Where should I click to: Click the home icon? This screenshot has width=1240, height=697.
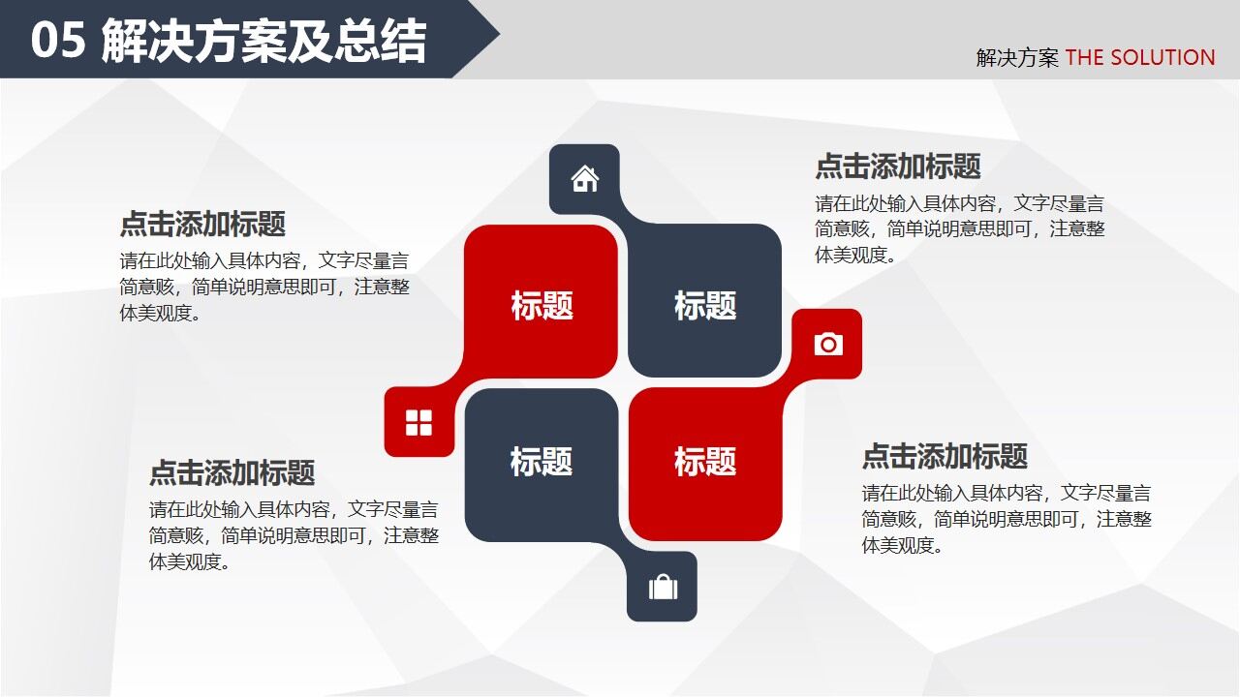[x=584, y=179]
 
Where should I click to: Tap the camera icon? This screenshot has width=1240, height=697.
[x=828, y=344]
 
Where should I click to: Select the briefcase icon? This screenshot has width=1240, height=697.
[x=663, y=588]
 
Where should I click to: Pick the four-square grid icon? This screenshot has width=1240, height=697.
[x=418, y=422]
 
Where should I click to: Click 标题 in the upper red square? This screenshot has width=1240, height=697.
[x=542, y=306]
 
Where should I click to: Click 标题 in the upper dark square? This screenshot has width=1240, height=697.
[x=705, y=306]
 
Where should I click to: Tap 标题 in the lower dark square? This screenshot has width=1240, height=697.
[x=542, y=462]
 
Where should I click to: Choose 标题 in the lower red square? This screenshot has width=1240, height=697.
[x=705, y=462]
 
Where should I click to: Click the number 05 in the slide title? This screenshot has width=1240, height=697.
[x=58, y=42]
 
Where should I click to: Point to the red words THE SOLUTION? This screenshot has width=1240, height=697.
[x=1140, y=58]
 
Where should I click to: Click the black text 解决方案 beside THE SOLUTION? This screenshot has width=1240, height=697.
[x=1017, y=58]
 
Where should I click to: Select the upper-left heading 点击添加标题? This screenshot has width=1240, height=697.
[x=202, y=225]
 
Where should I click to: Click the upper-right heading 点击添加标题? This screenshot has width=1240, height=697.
[x=898, y=167]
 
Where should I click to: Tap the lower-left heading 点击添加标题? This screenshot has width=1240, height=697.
[x=232, y=473]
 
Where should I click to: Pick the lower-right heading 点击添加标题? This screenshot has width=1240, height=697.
[x=945, y=456]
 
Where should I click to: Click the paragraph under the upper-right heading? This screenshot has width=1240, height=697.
[x=959, y=229]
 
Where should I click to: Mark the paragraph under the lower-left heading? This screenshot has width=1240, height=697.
[x=294, y=535]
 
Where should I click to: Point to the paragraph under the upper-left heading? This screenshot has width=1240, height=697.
[x=264, y=287]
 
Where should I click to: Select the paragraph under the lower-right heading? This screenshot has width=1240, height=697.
[x=1007, y=519]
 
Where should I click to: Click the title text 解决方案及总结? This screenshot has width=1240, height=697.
[x=263, y=42]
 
